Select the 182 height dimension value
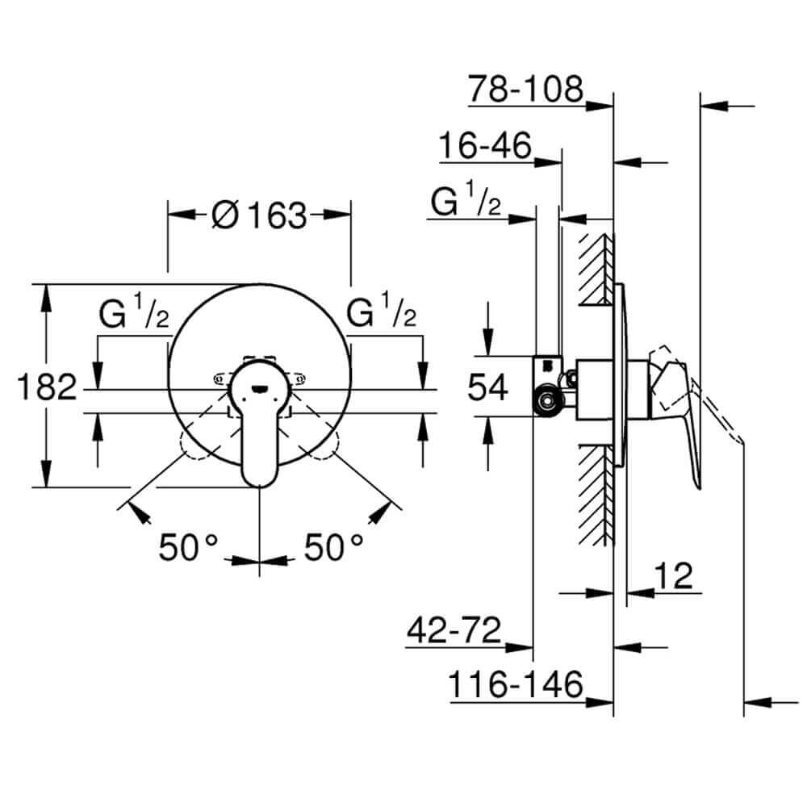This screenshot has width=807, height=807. (46, 388)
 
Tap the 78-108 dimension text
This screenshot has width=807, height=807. (525, 89)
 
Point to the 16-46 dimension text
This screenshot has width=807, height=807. (485, 147)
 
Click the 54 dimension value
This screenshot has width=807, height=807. (488, 387)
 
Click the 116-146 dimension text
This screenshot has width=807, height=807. (516, 685)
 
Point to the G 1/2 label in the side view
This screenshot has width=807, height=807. (466, 202)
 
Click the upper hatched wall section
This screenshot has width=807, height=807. (596, 269)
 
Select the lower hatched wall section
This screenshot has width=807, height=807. (596, 492)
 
